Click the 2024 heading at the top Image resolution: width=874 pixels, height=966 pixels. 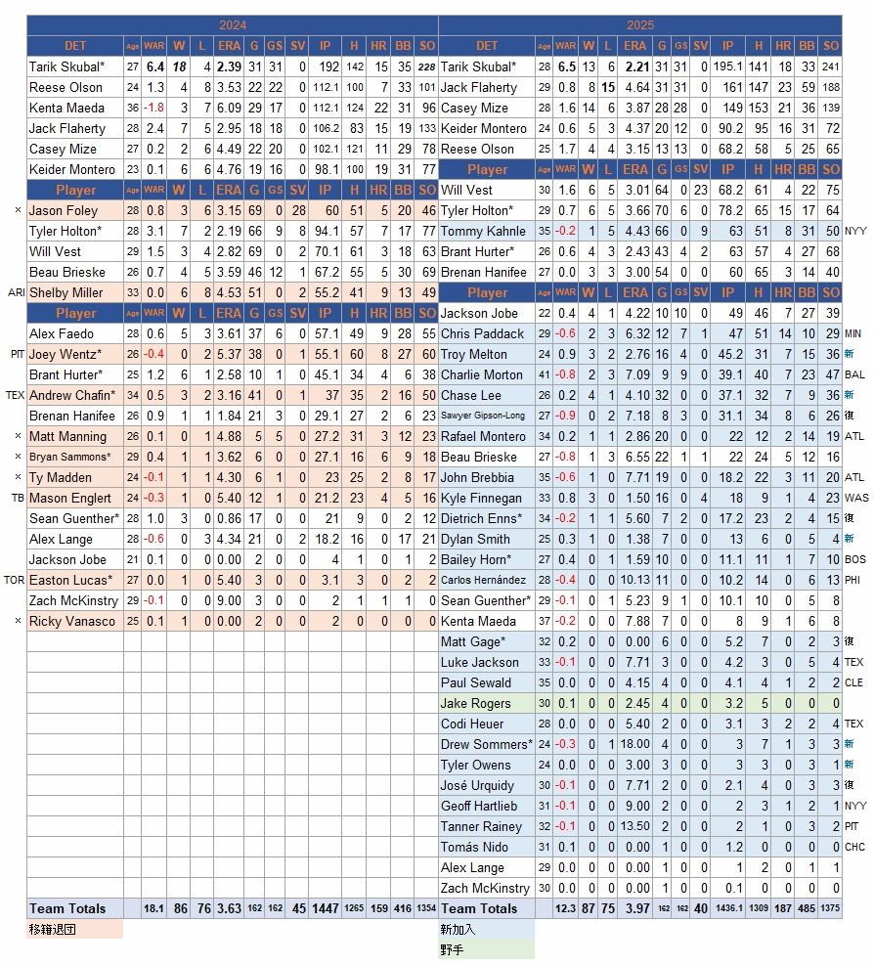(x=233, y=24)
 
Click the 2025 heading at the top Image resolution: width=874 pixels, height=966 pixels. (x=640, y=24)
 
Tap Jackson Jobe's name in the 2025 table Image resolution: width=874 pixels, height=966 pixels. (x=478, y=313)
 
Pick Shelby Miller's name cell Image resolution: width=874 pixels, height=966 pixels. (x=66, y=292)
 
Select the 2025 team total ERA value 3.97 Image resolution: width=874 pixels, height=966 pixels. (x=636, y=908)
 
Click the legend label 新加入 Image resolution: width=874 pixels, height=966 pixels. (x=456, y=929)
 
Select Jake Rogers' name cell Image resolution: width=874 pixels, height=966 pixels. (x=475, y=703)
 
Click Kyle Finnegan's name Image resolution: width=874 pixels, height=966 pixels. (x=481, y=498)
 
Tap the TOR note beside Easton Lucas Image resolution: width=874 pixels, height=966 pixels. (x=15, y=580)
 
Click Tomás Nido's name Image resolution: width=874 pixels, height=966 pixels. (x=474, y=847)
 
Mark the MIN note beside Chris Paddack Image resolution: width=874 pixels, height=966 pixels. (x=853, y=333)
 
